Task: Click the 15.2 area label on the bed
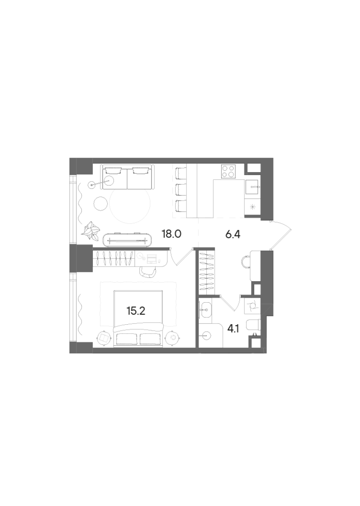(135, 311)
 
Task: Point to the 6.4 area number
(233, 234)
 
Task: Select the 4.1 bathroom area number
(233, 328)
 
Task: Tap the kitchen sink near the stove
(253, 186)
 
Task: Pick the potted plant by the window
(91, 231)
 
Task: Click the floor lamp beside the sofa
(91, 184)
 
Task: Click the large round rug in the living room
(130, 205)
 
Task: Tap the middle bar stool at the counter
(180, 190)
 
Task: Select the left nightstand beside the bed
(104, 337)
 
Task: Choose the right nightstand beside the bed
(173, 337)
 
